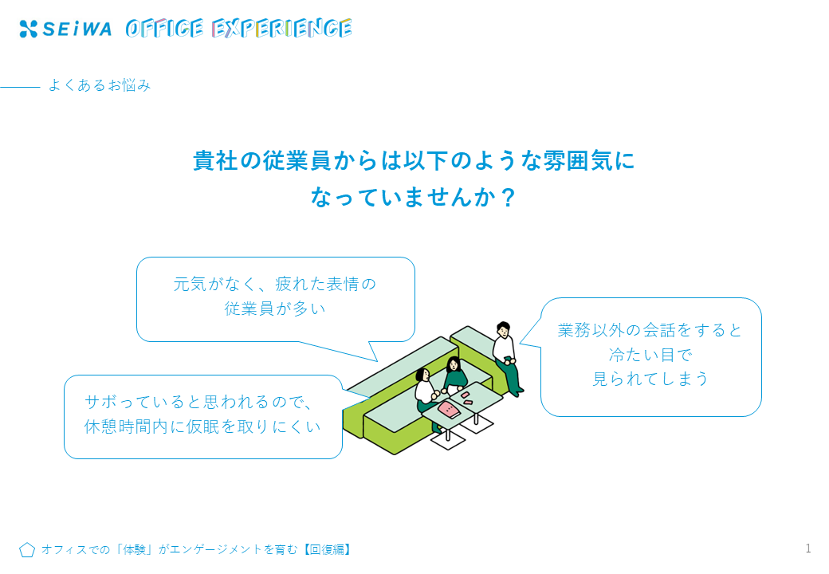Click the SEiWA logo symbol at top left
pyautogui.click(x=28, y=29)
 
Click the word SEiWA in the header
pyautogui.click(x=77, y=29)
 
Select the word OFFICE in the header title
pyautogui.click(x=164, y=29)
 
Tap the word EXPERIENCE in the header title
pyautogui.click(x=282, y=29)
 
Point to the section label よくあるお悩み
pyautogui.click(x=100, y=85)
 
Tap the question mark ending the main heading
pyautogui.click(x=508, y=198)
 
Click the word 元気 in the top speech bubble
pyautogui.click(x=190, y=284)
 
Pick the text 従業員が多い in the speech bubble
pyautogui.click(x=275, y=309)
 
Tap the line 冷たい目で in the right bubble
pyautogui.click(x=650, y=355)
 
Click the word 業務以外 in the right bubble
pyautogui.click(x=591, y=330)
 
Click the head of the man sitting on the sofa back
pyautogui.click(x=503, y=329)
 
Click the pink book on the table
pyautogui.click(x=450, y=409)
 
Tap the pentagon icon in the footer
pyautogui.click(x=27, y=550)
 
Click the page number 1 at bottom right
pyautogui.click(x=807, y=548)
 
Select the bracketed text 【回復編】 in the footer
pyautogui.click(x=328, y=550)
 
